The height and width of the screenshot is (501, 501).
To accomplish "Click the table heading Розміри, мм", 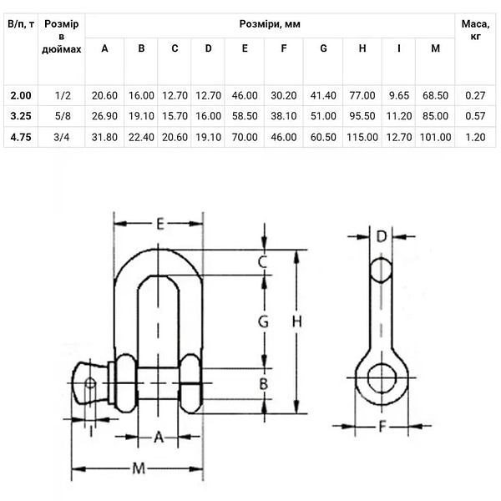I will click(270, 24).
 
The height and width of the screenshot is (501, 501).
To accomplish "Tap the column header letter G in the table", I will click(323, 48).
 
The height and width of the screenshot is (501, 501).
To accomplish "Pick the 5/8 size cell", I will click(62, 117).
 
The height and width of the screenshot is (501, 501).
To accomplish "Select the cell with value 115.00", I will click(362, 137).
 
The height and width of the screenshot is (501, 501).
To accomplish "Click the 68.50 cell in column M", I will click(435, 97).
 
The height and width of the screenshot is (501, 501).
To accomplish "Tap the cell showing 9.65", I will click(399, 97).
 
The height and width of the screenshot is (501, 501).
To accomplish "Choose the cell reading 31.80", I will click(104, 137).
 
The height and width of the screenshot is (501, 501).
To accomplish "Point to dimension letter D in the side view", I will click(382, 236).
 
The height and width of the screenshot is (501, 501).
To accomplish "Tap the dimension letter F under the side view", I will click(381, 426).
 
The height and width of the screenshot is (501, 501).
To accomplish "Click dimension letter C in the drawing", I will click(262, 263).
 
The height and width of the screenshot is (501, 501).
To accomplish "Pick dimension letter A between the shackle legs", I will click(159, 436).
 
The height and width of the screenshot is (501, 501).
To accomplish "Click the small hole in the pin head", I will click(90, 383).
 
